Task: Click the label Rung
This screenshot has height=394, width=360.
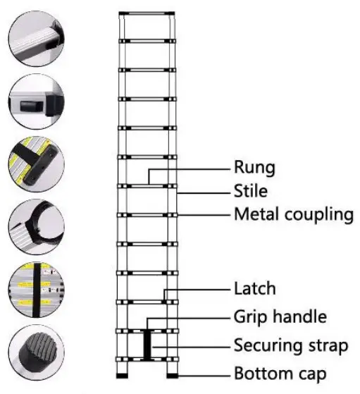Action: pyautogui.click(x=254, y=168)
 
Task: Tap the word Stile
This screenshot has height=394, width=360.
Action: pyautogui.click(x=252, y=190)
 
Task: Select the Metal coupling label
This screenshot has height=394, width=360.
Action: pyautogui.click(x=293, y=213)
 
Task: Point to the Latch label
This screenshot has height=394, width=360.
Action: pyautogui.click(x=255, y=288)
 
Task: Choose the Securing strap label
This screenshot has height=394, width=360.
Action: pyautogui.click(x=290, y=345)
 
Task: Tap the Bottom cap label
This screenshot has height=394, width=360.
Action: pyautogui.click(x=281, y=372)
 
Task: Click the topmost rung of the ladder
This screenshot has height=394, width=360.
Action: pyautogui.click(x=147, y=14)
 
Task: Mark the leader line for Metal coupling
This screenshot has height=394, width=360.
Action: pyautogui.click(x=204, y=214)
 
